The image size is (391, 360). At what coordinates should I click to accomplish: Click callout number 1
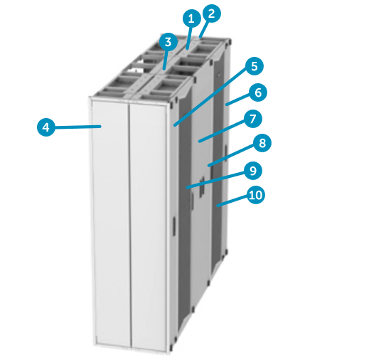click(190, 19)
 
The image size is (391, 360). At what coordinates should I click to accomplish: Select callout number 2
click(211, 12)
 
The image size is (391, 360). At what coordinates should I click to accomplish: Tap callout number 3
click(168, 42)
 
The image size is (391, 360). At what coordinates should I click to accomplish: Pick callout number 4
click(45, 127)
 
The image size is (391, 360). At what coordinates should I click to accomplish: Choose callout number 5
click(254, 67)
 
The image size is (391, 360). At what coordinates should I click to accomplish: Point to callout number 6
click(258, 92)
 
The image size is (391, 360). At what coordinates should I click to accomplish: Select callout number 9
click(252, 171)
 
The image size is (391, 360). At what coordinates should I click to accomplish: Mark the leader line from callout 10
click(233, 200)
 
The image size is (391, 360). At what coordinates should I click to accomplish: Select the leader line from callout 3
click(166, 57)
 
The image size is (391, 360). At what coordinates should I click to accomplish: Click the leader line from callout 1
click(188, 36)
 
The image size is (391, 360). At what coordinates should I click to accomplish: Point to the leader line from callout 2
click(205, 26)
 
